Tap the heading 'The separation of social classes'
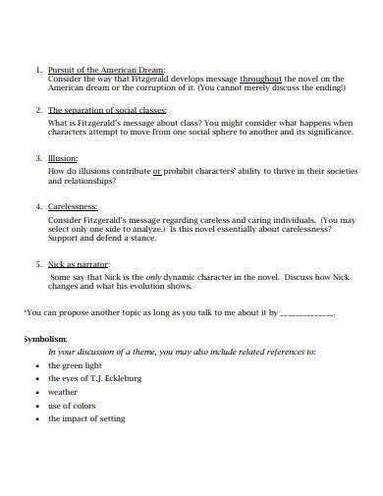point(108,111)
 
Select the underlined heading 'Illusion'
point(63,158)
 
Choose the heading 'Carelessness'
point(74,207)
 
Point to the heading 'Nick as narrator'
point(79,264)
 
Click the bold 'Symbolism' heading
point(45,338)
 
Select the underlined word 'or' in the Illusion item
point(157,170)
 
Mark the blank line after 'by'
point(307,314)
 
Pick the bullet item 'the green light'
point(75,364)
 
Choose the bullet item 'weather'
point(63,391)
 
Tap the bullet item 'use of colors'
point(72,405)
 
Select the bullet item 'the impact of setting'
point(86,418)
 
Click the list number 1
point(38,70)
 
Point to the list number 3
point(38,158)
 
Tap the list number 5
point(38,264)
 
